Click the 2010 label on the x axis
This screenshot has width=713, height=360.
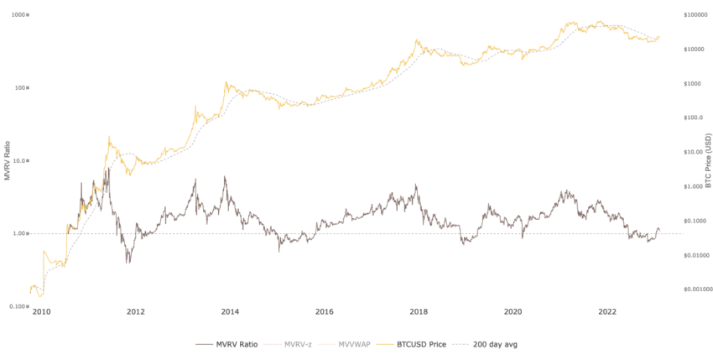click(41, 310)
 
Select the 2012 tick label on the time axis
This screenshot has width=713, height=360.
click(136, 310)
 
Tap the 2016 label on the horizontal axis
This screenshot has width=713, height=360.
click(325, 310)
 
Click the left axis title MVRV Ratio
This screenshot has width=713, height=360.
click(8, 160)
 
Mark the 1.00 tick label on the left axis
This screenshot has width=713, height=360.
click(21, 234)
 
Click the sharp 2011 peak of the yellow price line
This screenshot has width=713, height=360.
click(108, 136)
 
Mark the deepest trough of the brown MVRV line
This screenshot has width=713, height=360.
click(128, 263)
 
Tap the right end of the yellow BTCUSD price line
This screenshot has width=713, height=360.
click(660, 36)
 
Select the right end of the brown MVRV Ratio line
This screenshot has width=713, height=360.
click(660, 230)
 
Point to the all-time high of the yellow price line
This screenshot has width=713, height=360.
click(601, 20)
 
